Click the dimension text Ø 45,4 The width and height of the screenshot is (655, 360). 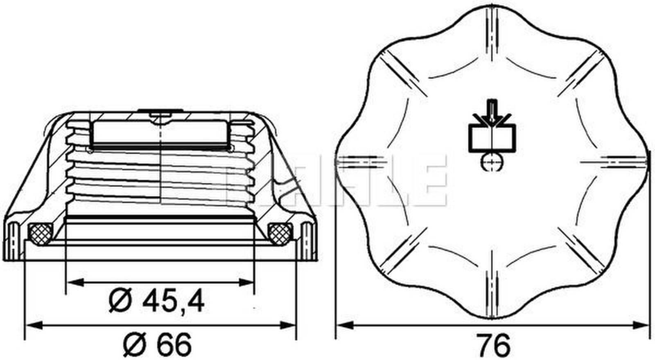[157, 302]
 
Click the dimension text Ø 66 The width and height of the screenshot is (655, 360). [157, 344]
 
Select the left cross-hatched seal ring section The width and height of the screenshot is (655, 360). [40, 233]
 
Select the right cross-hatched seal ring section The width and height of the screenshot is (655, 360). [279, 233]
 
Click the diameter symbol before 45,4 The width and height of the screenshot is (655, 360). [121, 302]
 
